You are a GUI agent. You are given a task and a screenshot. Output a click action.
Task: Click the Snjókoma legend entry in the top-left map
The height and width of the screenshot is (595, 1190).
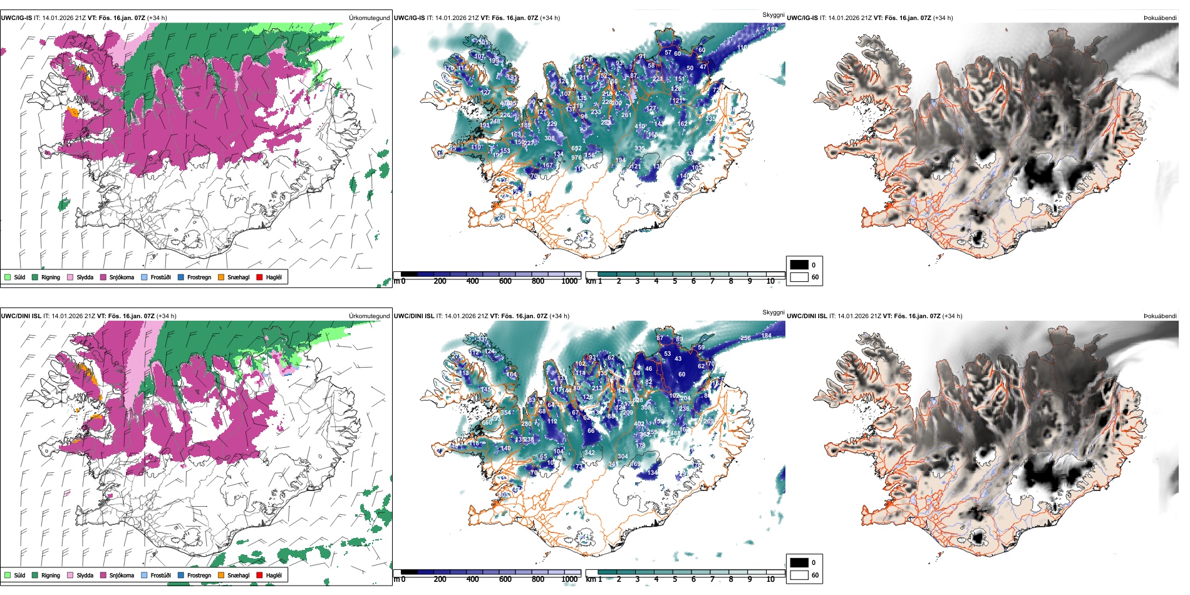121,277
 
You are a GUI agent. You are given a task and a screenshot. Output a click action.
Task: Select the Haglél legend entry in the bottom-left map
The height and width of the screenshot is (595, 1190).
273,575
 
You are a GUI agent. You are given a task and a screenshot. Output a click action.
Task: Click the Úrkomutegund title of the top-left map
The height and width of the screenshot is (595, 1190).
369,18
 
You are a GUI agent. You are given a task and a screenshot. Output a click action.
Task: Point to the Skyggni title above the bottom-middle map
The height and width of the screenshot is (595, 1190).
773,312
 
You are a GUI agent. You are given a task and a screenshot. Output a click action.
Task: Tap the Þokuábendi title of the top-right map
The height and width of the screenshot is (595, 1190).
1160,18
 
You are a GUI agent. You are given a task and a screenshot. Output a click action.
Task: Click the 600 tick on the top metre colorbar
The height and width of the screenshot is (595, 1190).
505,281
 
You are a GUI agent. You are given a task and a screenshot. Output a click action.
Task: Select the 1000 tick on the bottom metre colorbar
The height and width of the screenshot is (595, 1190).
569,579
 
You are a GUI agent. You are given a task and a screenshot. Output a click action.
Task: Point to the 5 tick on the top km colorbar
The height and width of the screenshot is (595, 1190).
675,281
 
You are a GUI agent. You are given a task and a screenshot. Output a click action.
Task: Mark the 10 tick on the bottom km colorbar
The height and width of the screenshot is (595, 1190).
770,579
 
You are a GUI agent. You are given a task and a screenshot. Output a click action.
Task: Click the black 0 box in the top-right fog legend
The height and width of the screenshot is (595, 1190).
799,264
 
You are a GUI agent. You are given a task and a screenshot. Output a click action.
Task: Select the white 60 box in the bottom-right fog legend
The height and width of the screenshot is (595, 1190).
799,575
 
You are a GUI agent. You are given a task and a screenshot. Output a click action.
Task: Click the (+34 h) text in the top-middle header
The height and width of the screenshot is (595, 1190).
549,18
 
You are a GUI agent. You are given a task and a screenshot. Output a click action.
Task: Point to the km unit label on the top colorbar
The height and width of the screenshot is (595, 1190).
590,281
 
